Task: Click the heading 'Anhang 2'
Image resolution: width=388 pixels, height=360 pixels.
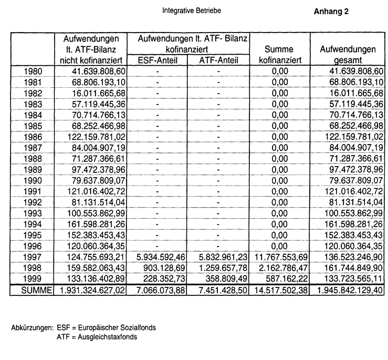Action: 331,11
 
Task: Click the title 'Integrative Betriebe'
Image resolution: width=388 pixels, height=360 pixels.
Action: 191,11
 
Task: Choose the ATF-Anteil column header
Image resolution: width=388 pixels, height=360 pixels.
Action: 219,60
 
